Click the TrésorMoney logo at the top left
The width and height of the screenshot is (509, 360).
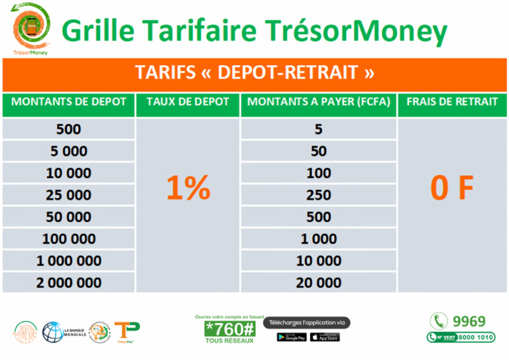click(x=30, y=29)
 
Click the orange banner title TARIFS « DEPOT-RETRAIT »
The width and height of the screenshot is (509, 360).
click(x=254, y=73)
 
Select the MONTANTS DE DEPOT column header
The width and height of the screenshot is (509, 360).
click(x=69, y=102)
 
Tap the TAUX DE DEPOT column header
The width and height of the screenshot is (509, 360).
click(x=188, y=102)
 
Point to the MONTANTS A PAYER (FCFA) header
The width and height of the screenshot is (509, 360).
click(x=319, y=102)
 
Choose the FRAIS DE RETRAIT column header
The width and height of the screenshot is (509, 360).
click(x=453, y=102)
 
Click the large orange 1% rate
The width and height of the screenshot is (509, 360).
click(x=188, y=189)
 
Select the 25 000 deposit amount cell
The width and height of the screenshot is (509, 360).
click(x=69, y=195)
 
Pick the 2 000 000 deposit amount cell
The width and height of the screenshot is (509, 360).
click(x=69, y=283)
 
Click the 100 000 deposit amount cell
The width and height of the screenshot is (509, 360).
click(x=69, y=239)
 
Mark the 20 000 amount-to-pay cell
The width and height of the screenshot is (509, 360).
click(x=319, y=283)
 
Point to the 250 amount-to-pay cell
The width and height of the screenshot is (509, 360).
click(x=319, y=195)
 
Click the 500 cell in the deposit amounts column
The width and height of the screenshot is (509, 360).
click(x=69, y=129)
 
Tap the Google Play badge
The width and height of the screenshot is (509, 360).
click(x=292, y=337)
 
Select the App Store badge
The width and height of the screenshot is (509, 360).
click(x=325, y=337)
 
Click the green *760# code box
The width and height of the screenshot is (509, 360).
click(x=229, y=330)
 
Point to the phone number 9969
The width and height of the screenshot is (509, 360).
click(x=469, y=322)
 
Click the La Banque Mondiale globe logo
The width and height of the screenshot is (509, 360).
click(x=53, y=331)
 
